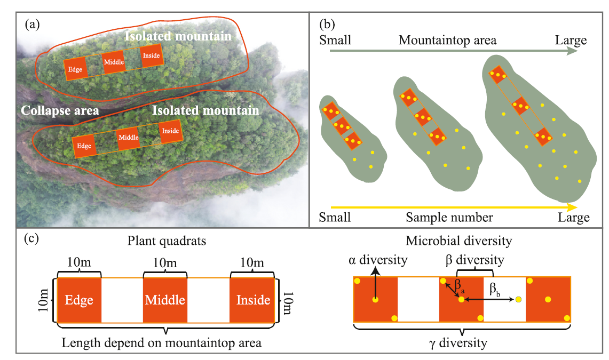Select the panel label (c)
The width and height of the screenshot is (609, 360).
[x=32, y=238]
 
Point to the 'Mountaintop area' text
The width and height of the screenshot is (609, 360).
[x=447, y=40]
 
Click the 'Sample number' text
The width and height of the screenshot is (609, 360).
[x=449, y=217]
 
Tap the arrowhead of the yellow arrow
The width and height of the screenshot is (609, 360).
[x=572, y=207]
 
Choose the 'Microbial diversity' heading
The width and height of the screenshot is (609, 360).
[x=458, y=241]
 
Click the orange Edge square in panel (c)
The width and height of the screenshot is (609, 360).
[x=79, y=300]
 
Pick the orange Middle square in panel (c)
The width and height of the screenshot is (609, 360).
[x=165, y=300]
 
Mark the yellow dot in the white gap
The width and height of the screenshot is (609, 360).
[x=518, y=300]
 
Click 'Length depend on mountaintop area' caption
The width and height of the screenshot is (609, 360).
[x=162, y=342]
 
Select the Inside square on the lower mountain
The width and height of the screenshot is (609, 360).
[x=170, y=131]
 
